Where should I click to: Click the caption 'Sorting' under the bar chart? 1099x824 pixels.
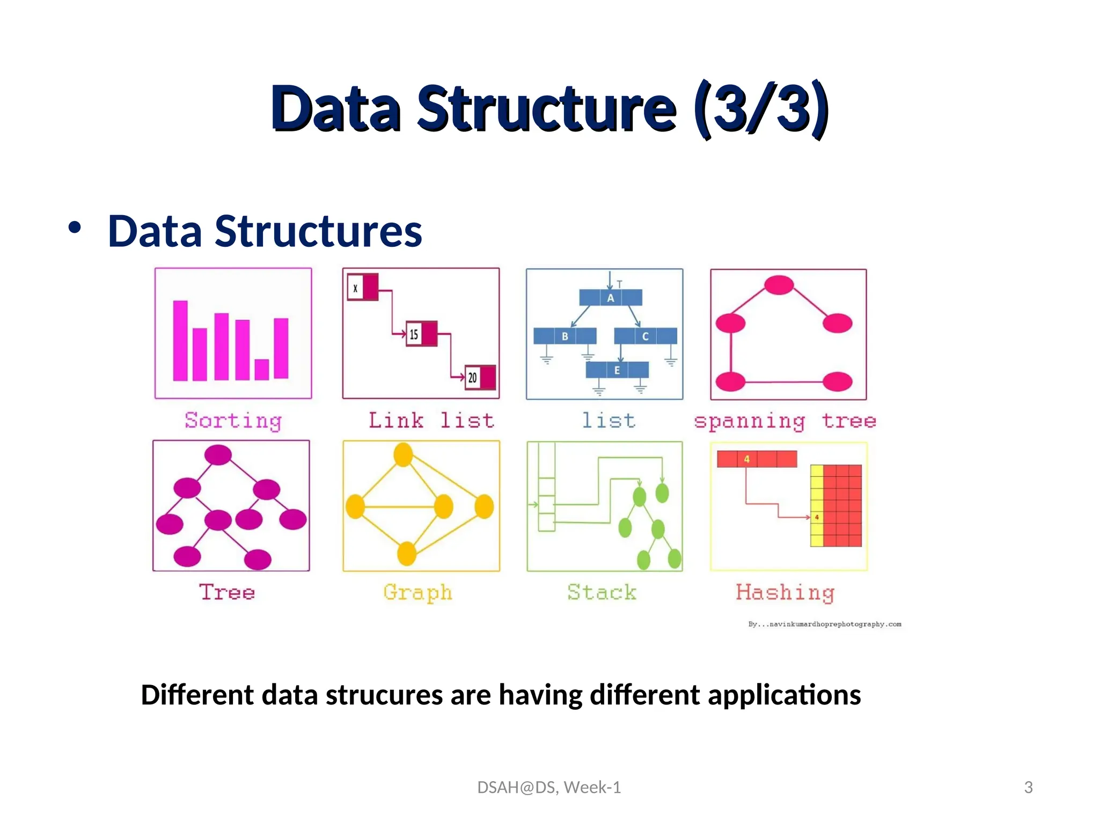click(233, 421)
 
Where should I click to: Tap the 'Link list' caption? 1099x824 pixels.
click(431, 421)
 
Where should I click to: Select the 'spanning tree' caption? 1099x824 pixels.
click(785, 421)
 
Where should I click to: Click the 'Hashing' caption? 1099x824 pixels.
click(785, 593)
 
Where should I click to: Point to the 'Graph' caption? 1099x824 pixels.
click(418, 593)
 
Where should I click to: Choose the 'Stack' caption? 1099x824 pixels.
click(602, 592)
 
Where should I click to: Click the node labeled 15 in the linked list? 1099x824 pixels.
click(421, 334)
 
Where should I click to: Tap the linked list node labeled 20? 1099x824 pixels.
click(480, 377)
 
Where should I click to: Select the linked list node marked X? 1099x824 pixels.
click(363, 288)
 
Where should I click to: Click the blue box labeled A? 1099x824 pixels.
click(611, 298)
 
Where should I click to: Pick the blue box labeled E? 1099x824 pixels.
click(617, 370)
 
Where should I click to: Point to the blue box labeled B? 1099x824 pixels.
click(565, 336)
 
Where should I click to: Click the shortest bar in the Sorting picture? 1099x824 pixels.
click(262, 369)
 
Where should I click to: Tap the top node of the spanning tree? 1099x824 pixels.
click(779, 285)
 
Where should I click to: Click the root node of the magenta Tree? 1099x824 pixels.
click(218, 455)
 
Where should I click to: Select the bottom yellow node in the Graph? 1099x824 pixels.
click(407, 553)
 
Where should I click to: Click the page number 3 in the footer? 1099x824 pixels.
click(1028, 787)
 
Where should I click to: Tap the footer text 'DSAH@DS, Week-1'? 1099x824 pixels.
click(549, 787)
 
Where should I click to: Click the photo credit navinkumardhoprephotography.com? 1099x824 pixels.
click(825, 624)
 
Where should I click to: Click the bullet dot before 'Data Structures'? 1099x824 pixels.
click(75, 227)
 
